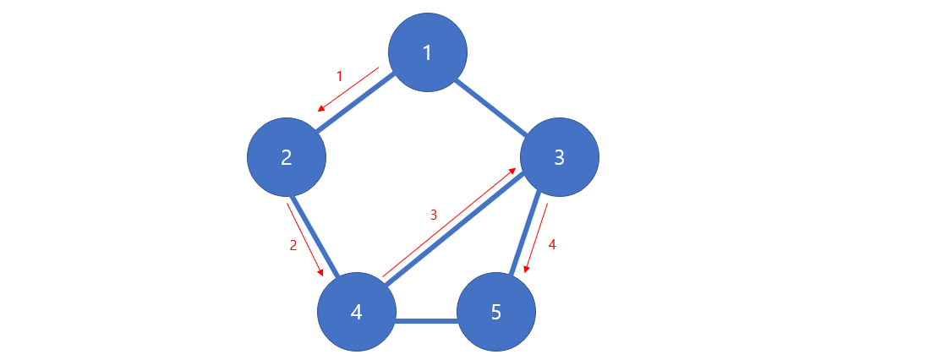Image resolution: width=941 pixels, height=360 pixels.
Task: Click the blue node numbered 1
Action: [427, 52]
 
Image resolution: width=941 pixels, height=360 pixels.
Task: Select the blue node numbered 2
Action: [286, 157]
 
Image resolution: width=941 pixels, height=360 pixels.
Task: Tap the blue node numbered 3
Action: [559, 157]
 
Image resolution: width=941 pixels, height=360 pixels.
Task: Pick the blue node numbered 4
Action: [356, 312]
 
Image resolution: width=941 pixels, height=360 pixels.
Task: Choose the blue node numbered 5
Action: [496, 312]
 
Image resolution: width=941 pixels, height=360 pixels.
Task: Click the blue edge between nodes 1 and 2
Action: [356, 105]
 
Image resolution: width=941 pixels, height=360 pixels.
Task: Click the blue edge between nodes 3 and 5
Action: [525, 236]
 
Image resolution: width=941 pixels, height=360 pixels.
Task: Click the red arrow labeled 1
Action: [348, 89]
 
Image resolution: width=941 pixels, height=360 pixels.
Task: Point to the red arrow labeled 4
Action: [536, 238]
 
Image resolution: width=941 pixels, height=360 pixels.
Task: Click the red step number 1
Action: [340, 76]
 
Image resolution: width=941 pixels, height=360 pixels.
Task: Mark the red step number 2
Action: [293, 245]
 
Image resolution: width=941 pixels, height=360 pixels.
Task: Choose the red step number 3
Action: [434, 215]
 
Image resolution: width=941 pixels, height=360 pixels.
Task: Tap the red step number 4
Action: [552, 245]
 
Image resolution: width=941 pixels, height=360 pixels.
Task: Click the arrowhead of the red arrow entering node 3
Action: [513, 172]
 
